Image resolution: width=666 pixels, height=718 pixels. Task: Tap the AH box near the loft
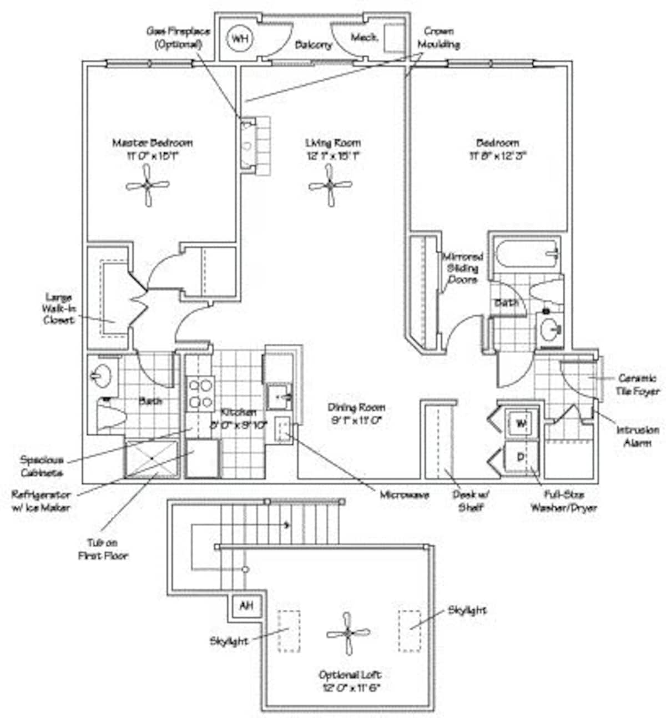[246, 605]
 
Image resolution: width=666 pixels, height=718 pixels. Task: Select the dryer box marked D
[521, 457]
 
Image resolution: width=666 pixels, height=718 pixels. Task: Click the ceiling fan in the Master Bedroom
[148, 186]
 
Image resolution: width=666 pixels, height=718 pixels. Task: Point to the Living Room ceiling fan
[330, 186]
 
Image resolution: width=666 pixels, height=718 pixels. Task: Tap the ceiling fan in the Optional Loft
[348, 633]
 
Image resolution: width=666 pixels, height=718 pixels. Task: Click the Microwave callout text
[404, 495]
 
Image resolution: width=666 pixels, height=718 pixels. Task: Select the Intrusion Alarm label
[637, 436]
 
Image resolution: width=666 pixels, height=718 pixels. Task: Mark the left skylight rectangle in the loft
[289, 631]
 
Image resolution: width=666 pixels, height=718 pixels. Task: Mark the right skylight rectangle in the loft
[409, 631]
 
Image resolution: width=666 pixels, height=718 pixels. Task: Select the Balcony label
[313, 45]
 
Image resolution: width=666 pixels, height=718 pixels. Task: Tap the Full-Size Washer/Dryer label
[563, 500]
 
